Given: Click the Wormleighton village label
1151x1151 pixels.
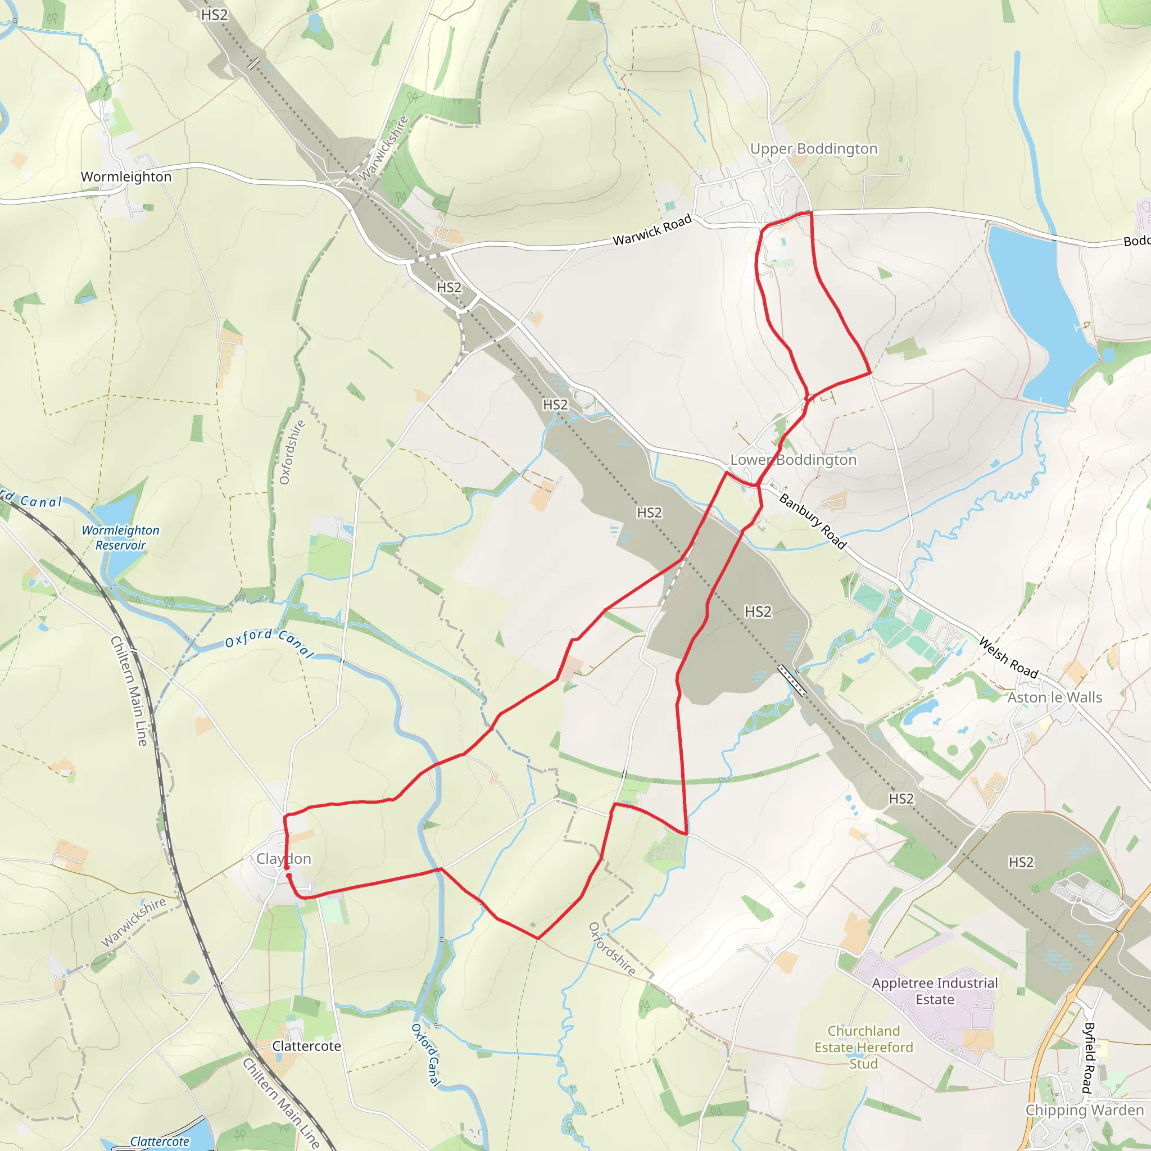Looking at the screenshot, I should coord(126,177).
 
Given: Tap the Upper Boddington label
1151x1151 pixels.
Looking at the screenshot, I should coord(813,148).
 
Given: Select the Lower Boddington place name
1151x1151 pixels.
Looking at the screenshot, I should coord(793,460).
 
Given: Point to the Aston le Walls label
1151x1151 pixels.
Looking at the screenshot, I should coord(1054,697).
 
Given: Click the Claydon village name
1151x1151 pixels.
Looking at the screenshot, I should coord(284,859).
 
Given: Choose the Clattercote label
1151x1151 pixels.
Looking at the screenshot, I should coord(306,1045).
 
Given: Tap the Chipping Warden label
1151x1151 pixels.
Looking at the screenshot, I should coord(1084,1110).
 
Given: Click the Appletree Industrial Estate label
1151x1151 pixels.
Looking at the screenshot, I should coord(934,991).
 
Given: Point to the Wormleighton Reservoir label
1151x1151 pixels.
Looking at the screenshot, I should coord(120,537).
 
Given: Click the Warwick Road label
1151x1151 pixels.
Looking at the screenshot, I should coord(652,230).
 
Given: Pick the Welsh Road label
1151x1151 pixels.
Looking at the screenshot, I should coord(1008,657).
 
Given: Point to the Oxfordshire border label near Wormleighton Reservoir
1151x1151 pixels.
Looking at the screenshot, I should coord(292,452).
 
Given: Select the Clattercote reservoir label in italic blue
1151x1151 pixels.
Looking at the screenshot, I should coord(160,1141).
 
